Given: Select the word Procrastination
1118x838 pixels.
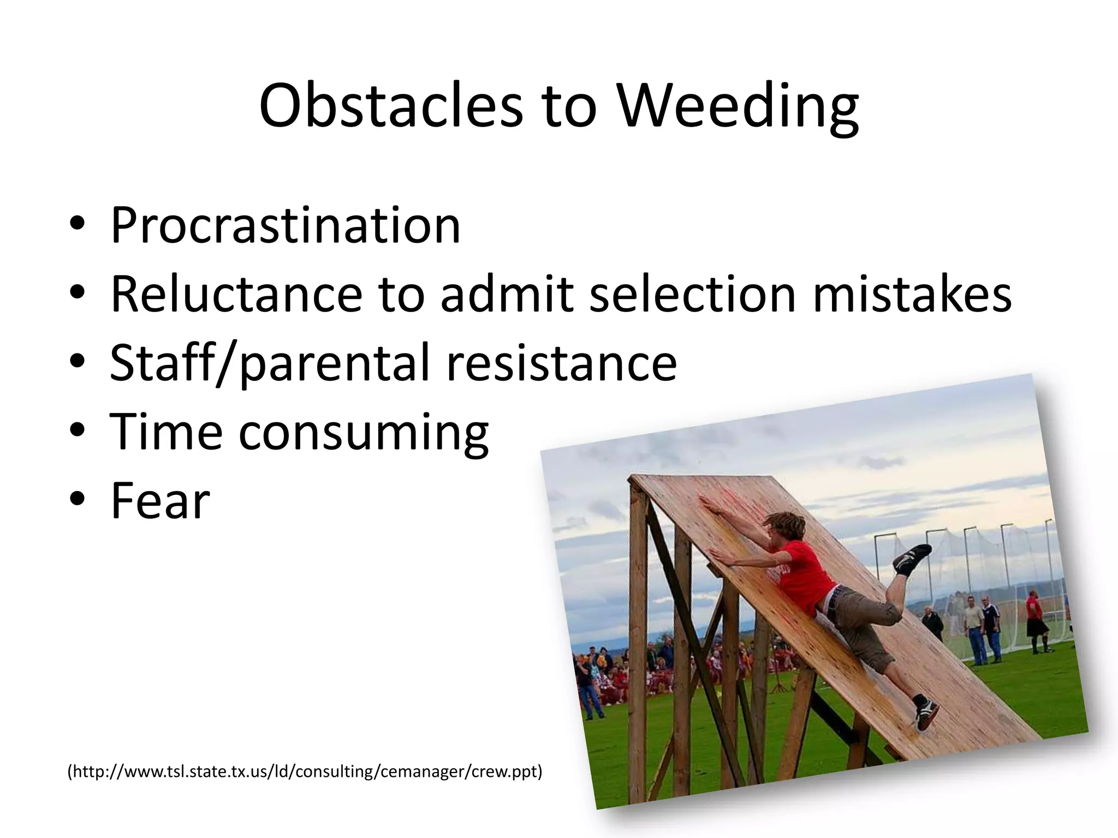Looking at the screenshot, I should tap(286, 225).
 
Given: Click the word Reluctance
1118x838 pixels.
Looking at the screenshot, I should tap(236, 294).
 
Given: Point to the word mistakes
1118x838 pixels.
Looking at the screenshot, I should tap(912, 294).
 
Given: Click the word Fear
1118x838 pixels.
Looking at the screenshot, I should tap(160, 501).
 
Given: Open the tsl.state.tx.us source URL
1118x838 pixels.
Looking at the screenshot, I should tap(305, 771).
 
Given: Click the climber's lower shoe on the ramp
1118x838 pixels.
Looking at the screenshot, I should tap(926, 712).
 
